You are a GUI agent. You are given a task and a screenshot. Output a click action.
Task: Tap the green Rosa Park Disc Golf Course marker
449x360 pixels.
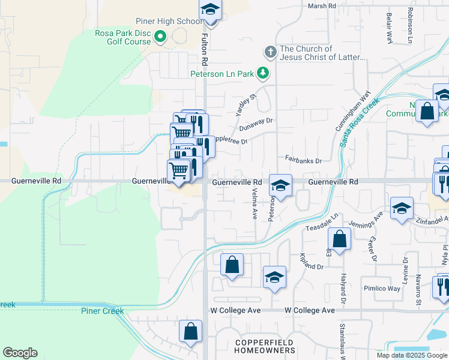pyautogui.click(x=160, y=38)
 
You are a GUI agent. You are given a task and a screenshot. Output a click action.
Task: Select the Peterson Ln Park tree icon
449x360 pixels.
pyautogui.click(x=262, y=73)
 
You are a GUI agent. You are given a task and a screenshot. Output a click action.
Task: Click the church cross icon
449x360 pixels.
pyautogui.click(x=271, y=52)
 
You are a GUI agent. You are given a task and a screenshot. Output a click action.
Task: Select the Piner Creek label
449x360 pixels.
pyautogui.click(x=103, y=311)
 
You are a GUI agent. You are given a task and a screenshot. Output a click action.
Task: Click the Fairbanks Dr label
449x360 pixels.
pyautogui.click(x=304, y=161)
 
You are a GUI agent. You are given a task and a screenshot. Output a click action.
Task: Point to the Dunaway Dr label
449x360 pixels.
pyautogui.click(x=256, y=124)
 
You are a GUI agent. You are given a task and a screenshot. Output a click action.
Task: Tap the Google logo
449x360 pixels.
pyautogui.click(x=20, y=353)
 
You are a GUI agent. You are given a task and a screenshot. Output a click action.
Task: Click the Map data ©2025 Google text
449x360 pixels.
pyautogui.click(x=412, y=355)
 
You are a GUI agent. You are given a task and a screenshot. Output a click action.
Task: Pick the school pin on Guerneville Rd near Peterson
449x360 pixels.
pyautogui.click(x=280, y=186)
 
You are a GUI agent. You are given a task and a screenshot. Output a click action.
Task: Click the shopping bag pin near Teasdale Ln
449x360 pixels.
pyautogui.click(x=339, y=239)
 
